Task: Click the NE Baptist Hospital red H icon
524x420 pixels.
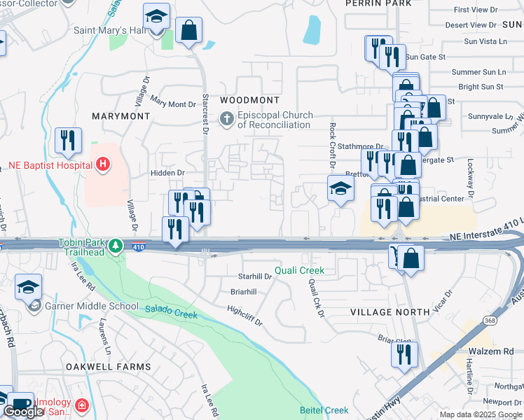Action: pos(103,165)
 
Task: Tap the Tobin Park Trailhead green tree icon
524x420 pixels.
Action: pos(117,246)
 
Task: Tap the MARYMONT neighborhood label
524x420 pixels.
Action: pos(121,115)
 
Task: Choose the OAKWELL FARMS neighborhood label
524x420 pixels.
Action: pos(108,367)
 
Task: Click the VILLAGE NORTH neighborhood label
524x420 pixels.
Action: pos(390,311)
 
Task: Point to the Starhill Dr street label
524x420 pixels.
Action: pos(254,277)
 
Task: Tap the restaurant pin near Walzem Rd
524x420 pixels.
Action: pos(404,354)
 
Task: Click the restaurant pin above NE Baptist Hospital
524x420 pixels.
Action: pos(68,140)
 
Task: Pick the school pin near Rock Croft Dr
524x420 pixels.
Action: pos(340,189)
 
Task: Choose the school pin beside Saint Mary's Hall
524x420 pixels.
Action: pos(156,17)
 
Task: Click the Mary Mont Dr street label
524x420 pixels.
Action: pos(172,104)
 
